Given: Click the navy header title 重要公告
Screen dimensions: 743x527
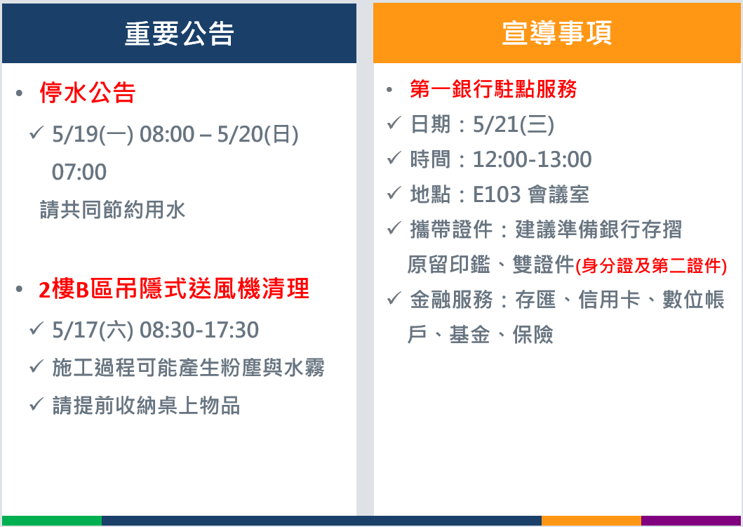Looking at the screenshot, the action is point(179,34).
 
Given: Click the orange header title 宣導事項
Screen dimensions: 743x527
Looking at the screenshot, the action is point(557,33).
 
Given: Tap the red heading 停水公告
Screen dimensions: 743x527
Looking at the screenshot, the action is point(88,93).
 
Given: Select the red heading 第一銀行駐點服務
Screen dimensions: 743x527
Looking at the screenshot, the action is point(493,89).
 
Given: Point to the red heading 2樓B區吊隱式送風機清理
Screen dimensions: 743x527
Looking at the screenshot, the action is point(174,289).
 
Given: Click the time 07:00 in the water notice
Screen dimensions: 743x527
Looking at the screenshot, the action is point(79,172).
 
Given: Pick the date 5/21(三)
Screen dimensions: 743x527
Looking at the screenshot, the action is point(513,125).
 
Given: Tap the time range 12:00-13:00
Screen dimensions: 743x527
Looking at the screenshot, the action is point(532,159).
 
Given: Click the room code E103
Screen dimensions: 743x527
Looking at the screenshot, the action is point(497,194).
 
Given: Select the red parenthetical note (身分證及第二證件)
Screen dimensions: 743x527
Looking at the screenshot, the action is point(651,266).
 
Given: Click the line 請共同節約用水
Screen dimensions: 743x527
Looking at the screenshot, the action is point(112,210).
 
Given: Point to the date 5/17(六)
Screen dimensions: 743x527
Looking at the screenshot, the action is point(93,330).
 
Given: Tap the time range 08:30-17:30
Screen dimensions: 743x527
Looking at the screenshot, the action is point(199,330).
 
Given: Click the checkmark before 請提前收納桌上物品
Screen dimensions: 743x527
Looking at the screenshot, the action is point(36,404).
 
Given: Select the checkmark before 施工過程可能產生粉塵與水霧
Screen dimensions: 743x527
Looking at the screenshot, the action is point(36,366).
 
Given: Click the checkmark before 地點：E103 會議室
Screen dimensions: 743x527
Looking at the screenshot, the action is point(394,193).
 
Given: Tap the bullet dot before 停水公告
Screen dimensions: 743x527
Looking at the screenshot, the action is point(19,93).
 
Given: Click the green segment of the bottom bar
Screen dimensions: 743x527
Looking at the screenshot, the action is point(52,521).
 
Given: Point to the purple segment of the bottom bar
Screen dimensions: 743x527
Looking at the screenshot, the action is point(691,521).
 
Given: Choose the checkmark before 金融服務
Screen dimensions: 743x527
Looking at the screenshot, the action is point(394,298).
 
